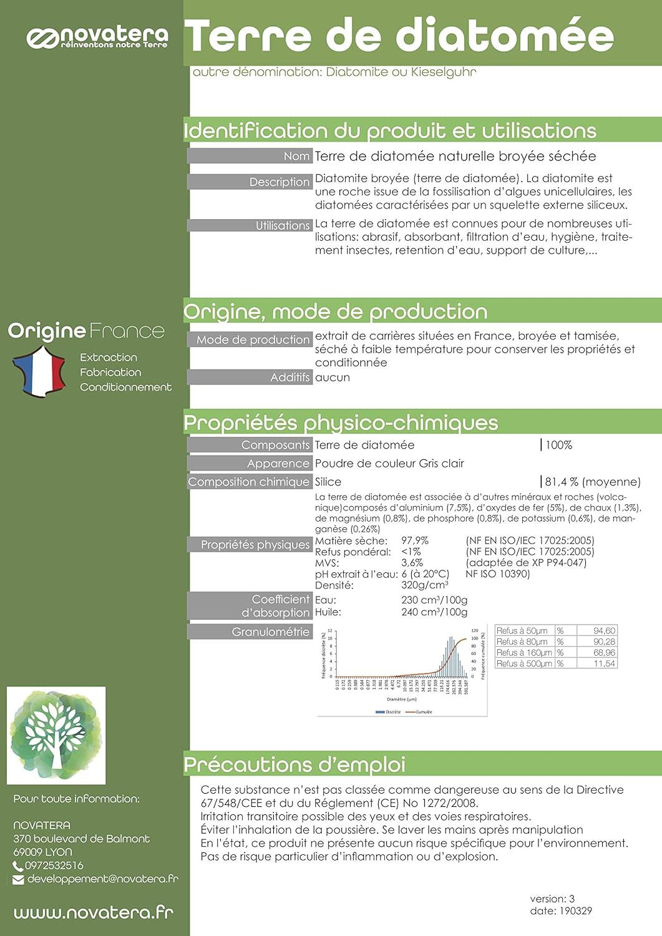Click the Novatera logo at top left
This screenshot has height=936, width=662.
pyautogui.click(x=97, y=37)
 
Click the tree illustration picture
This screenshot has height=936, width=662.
pyautogui.click(x=56, y=735)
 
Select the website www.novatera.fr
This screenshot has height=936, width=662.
pyautogui.click(x=94, y=913)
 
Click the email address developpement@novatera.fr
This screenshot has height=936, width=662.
pyautogui.click(x=102, y=879)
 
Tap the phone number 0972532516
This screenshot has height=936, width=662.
pyautogui.click(x=54, y=865)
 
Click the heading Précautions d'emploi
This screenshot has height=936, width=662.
pyautogui.click(x=294, y=764)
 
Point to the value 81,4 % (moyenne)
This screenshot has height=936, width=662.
pyautogui.click(x=593, y=482)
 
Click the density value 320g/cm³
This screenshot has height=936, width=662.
pyautogui.click(x=424, y=585)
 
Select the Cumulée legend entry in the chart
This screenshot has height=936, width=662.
pyautogui.click(x=423, y=712)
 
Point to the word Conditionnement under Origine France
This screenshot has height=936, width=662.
pyautogui.click(x=125, y=387)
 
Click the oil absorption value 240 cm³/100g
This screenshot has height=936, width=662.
pyautogui.click(x=434, y=612)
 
